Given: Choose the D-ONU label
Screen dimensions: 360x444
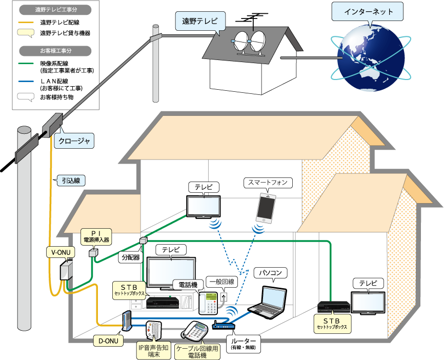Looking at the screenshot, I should (x=109, y=339).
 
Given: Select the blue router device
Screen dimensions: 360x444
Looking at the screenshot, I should (x=223, y=325).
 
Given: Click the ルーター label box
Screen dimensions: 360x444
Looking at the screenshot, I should (x=243, y=343).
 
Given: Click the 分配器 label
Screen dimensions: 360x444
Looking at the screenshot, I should (x=130, y=257).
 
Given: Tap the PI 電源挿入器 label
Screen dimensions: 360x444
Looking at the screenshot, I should (x=97, y=236).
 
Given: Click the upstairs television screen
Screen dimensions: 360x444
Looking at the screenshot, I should (x=204, y=206).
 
